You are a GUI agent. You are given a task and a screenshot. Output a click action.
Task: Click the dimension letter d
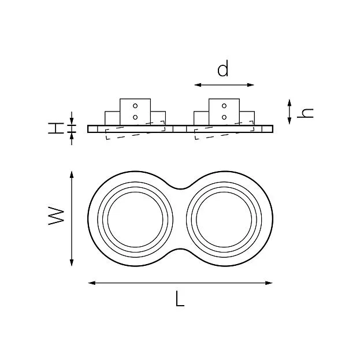(223, 68)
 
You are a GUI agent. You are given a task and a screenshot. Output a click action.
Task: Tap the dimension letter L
(180, 299)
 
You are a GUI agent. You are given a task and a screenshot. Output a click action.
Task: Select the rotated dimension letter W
(56, 216)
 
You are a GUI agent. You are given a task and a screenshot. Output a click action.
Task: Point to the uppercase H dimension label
(56, 128)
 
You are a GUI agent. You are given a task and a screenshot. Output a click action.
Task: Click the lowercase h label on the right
(305, 113)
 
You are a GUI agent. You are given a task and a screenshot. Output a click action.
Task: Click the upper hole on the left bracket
(135, 106)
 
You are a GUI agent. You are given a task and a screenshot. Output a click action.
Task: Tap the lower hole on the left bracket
(135, 117)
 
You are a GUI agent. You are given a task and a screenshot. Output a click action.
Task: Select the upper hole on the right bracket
(224, 106)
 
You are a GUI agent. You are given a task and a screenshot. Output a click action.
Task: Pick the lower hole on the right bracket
(224, 117)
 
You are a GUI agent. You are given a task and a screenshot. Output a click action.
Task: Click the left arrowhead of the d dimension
(198, 85)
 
